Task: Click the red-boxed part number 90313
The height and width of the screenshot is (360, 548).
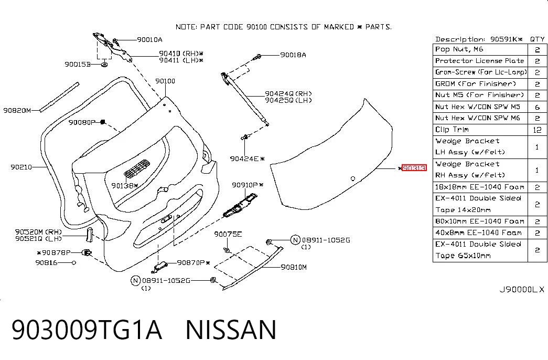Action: coord(414,168)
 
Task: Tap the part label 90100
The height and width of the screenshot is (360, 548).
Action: coord(165,81)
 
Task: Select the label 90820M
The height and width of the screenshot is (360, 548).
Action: coord(17,111)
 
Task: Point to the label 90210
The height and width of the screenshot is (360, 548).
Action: coord(21,167)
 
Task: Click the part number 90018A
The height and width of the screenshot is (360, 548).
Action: coord(293,55)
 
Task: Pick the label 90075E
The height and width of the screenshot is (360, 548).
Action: coord(228,234)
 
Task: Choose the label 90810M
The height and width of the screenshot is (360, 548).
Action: coord(294,267)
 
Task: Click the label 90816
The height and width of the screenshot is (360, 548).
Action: coord(46,262)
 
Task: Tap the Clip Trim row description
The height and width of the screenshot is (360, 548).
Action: coord(452,130)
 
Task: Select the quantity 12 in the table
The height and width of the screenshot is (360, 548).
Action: coord(537,130)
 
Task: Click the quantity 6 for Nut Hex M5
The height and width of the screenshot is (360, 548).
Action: coord(537,107)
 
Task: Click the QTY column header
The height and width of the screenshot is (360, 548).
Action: coord(537,39)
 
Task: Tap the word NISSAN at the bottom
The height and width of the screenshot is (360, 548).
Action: coord(231,330)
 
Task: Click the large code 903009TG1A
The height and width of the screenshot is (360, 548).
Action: coord(87,330)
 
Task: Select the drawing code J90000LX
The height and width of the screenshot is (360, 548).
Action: coord(521,290)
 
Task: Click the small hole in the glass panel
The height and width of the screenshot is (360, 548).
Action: coord(353,179)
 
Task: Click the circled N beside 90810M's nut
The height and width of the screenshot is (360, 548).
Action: coord(295,240)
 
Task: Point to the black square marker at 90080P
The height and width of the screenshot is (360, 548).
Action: coord(103,122)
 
